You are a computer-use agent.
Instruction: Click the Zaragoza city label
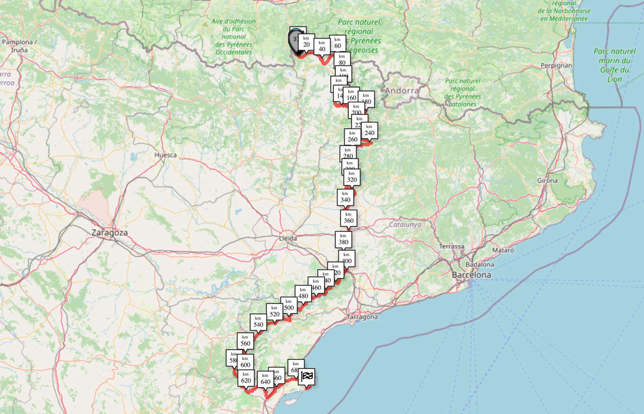pyautogui.click(x=109, y=233)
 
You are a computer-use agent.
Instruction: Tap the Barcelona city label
pyautogui.click(x=472, y=274)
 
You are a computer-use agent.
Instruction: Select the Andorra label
pyautogui.click(x=402, y=91)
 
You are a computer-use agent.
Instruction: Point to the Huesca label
pyautogui.click(x=165, y=155)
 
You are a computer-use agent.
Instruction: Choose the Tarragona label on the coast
pyautogui.click(x=362, y=317)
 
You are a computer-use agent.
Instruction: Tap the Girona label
pyautogui.click(x=547, y=181)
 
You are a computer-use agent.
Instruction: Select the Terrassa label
pyautogui.click(x=451, y=246)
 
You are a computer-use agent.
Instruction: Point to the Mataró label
pyautogui.click(x=503, y=250)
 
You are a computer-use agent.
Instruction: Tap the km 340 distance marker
pyautogui.click(x=345, y=197)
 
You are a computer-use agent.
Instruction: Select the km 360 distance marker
pyautogui.click(x=348, y=217)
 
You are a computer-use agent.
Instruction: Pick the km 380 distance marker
pyautogui.click(x=343, y=239)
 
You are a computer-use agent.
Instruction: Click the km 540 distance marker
pyautogui.click(x=258, y=321)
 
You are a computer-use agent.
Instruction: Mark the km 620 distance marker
pyautogui.click(x=246, y=377)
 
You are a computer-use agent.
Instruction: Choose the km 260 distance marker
pyautogui.click(x=353, y=136)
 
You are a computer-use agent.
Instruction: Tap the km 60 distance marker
pyautogui.click(x=338, y=43)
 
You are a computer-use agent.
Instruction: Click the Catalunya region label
pyautogui.click(x=405, y=224)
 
